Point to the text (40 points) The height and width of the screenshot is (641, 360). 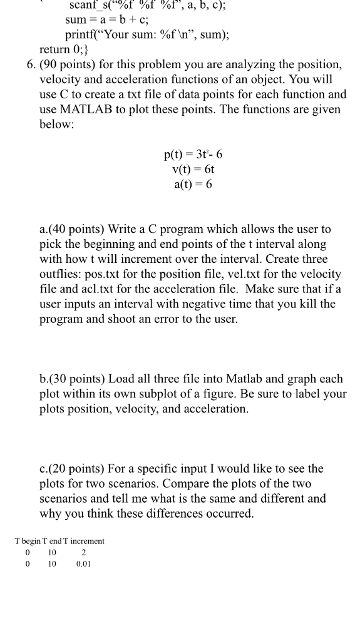point(78,230)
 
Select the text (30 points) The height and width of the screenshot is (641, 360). point(78,379)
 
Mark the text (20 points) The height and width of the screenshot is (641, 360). point(77,469)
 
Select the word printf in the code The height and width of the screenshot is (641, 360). point(81,35)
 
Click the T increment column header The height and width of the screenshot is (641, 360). point(83,541)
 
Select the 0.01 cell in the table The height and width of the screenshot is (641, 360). point(83,564)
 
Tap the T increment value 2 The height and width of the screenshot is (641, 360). point(83,552)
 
